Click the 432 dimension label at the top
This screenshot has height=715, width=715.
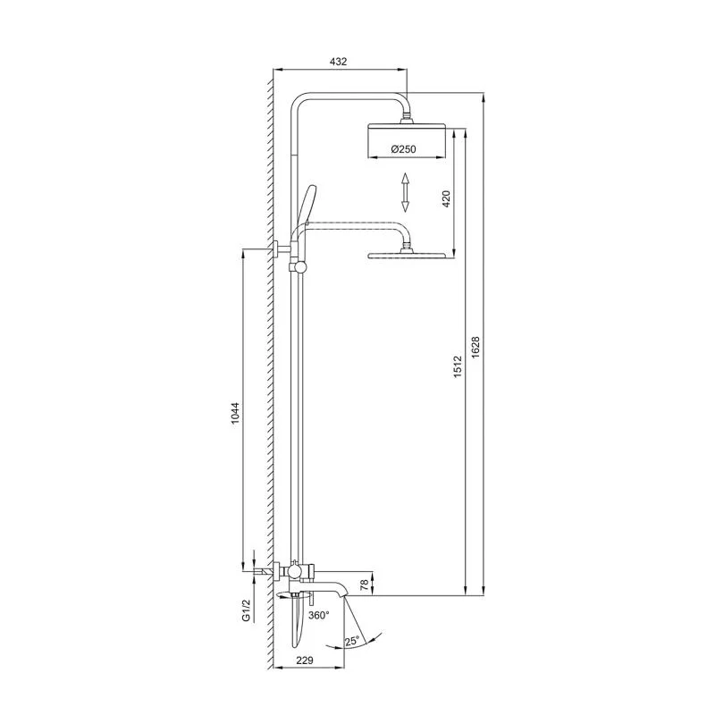pyautogui.click(x=338, y=62)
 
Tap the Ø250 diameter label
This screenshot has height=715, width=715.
pyautogui.click(x=405, y=150)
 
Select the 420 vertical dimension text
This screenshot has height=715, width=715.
pyautogui.click(x=447, y=198)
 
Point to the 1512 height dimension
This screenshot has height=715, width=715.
pyautogui.click(x=457, y=366)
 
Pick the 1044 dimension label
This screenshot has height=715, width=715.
pyautogui.click(x=235, y=416)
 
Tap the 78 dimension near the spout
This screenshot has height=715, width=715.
pyautogui.click(x=363, y=585)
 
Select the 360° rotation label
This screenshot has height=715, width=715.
pyautogui.click(x=319, y=616)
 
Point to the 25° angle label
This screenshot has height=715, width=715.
pyautogui.click(x=352, y=641)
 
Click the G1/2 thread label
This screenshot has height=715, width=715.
pyautogui.click(x=242, y=612)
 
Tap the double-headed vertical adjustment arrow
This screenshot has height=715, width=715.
pyautogui.click(x=405, y=193)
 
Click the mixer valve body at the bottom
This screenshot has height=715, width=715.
pyautogui.click(x=296, y=568)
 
